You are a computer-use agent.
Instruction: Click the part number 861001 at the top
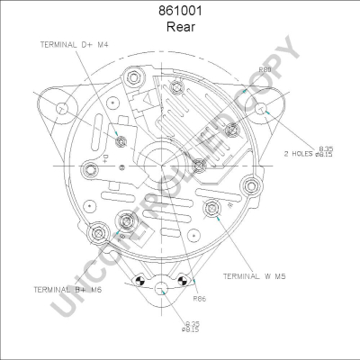pos(180,12)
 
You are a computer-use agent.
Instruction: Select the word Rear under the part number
pos(180,27)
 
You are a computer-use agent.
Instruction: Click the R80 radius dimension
pos(265,69)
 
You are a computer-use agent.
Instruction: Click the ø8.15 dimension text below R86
pos(193,329)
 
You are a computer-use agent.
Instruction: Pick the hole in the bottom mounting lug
pos(162,290)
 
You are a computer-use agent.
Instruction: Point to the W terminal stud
pos(211,210)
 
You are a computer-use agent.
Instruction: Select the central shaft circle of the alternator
pos(162,166)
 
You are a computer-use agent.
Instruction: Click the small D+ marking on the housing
pos(105,161)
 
